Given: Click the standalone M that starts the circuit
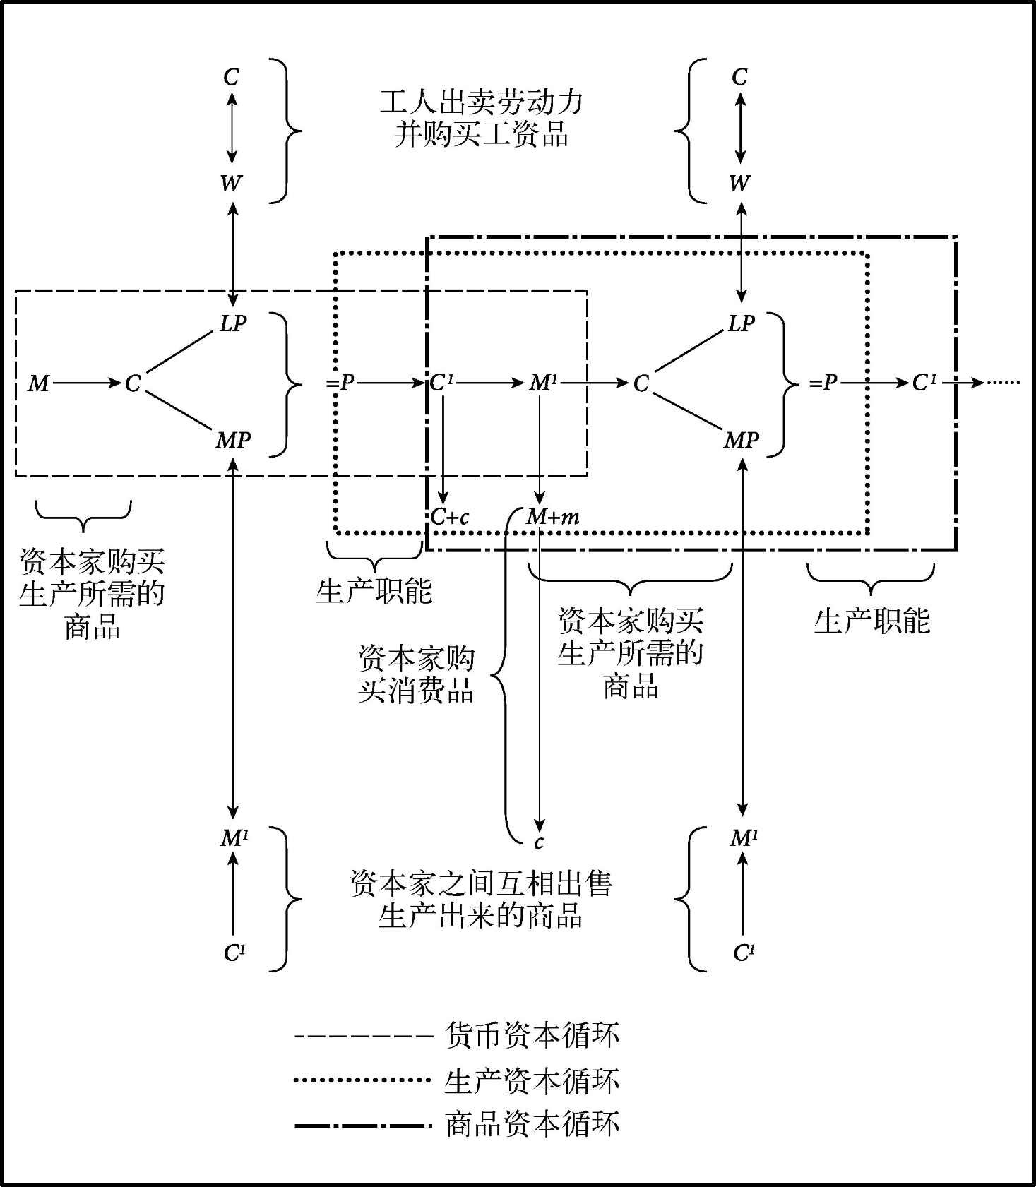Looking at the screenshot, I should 38,383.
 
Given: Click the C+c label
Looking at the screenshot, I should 450,517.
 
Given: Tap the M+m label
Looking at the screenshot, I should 553,517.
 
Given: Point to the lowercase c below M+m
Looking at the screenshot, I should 539,842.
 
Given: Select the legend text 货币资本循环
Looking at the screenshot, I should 532,1036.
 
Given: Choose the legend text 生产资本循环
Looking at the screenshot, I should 532,1080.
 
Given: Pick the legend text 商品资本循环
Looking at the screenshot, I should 532,1124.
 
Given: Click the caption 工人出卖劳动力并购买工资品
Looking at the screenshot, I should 482,118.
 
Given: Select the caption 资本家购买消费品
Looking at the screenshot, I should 416,674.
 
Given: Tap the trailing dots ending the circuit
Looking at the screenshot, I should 1004,383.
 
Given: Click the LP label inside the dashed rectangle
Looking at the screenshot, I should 233,323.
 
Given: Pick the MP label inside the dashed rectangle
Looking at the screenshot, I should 233,441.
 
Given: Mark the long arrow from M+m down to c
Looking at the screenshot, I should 539,678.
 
